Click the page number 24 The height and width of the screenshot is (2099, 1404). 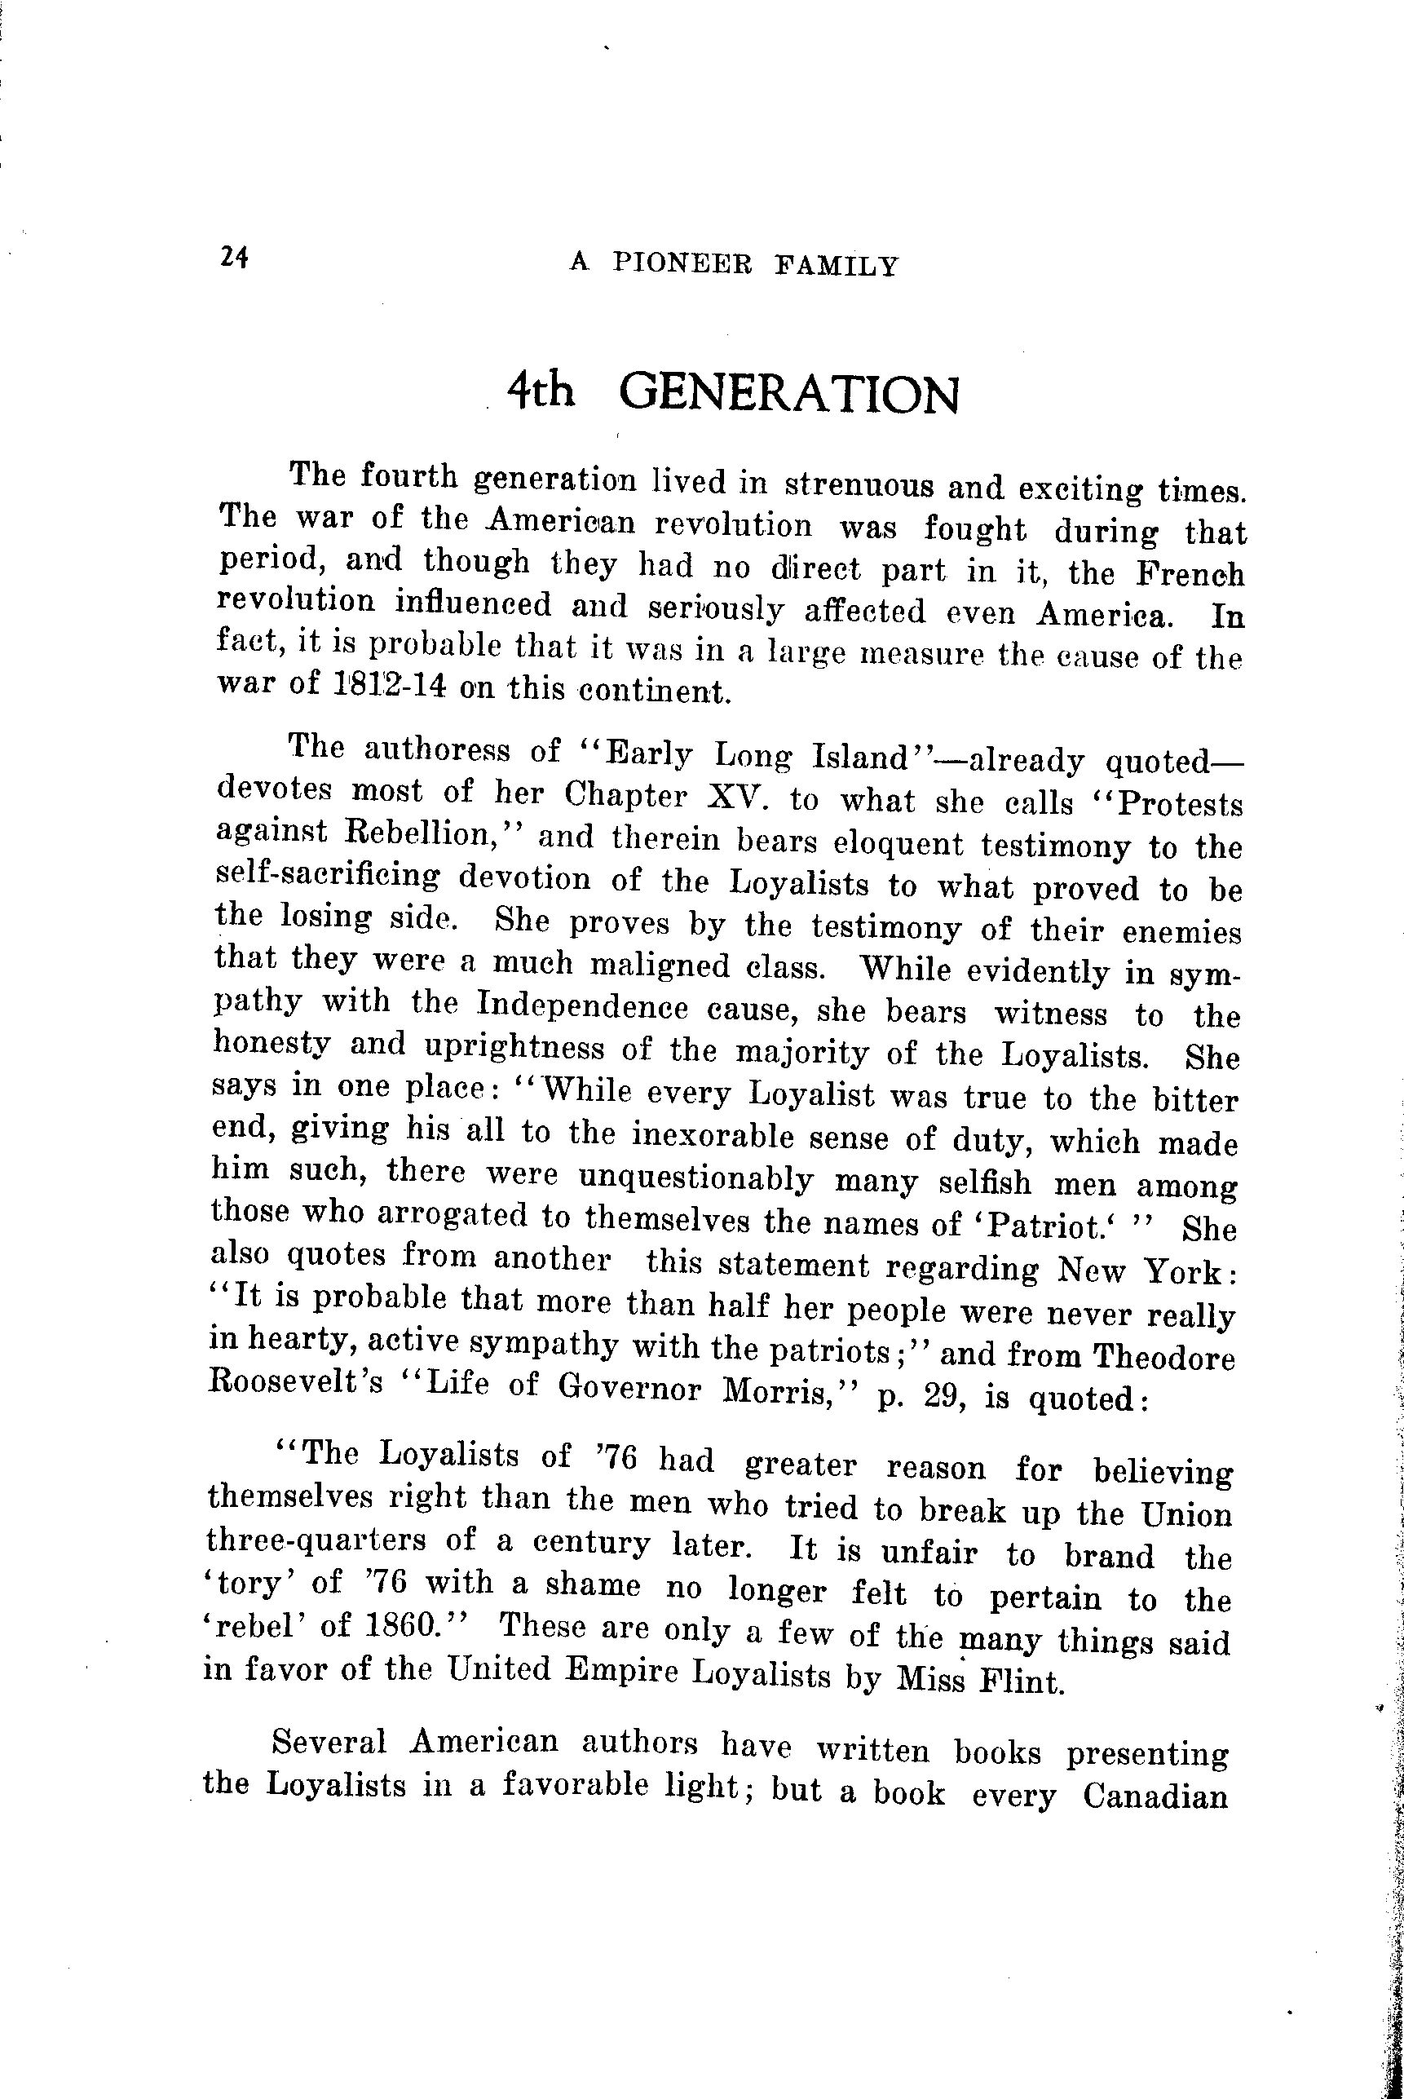(x=232, y=259)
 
